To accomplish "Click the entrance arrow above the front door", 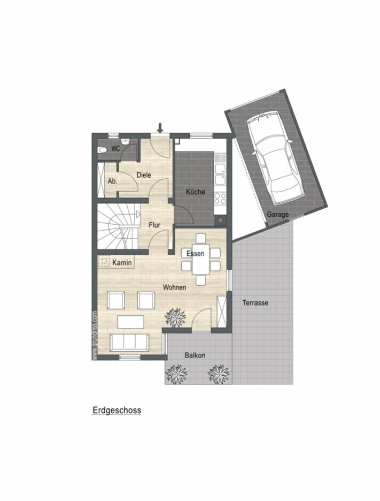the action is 160,128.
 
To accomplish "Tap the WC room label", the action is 115,149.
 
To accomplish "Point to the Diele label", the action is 144,175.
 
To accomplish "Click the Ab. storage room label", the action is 112,181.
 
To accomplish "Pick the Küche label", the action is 195,192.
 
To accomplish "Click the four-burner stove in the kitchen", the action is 220,198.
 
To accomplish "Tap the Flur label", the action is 154,225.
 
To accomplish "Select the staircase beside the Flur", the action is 118,226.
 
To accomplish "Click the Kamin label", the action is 122,263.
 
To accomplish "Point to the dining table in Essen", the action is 200,259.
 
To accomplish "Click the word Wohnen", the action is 175,287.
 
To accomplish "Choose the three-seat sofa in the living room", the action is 129,342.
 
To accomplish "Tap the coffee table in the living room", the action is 131,322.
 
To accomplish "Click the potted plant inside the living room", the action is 175,317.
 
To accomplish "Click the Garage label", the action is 277,215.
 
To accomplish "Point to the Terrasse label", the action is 255,302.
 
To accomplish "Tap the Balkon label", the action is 195,355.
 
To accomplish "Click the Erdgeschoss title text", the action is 117,410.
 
